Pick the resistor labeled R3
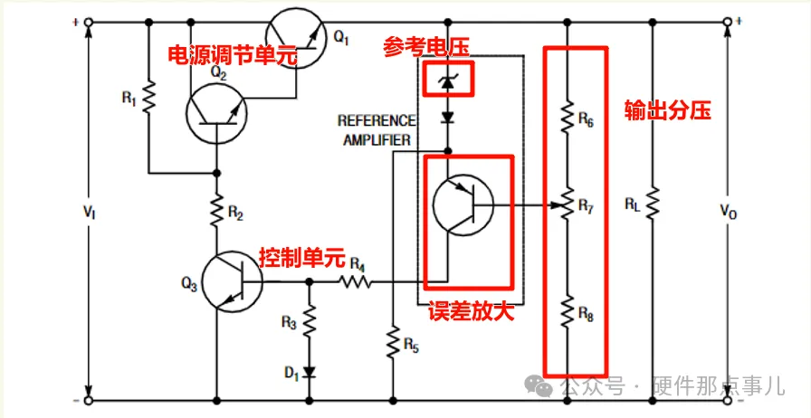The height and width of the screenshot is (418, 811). click(310, 321)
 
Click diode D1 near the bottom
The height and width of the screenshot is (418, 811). click(310, 371)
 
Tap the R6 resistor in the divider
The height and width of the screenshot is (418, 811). click(567, 116)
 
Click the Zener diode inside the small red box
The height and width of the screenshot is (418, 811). click(446, 81)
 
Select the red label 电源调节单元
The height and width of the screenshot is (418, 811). click(233, 54)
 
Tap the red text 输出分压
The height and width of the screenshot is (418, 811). click(668, 110)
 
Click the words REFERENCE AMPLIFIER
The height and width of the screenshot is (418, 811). click(377, 130)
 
